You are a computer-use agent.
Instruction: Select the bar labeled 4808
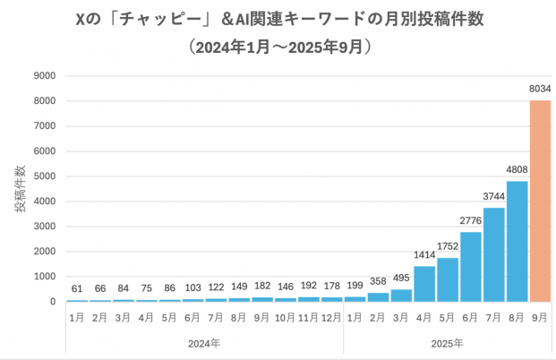point(517,241)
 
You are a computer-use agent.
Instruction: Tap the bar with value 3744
point(493,254)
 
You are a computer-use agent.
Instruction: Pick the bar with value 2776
point(471,267)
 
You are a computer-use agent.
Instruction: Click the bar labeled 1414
point(424,283)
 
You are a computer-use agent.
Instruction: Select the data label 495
point(402,279)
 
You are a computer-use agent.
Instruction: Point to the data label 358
point(379,283)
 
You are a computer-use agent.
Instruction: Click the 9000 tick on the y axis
point(47,76)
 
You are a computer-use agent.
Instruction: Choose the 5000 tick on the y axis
point(47,176)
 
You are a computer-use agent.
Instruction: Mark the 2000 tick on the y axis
point(47,252)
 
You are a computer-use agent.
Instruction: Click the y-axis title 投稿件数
point(20,188)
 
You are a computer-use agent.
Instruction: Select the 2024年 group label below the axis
point(204,343)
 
